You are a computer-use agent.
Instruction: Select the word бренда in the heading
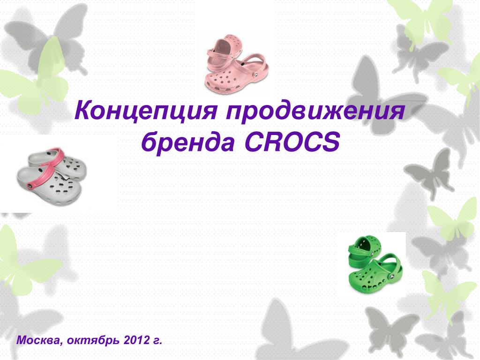point(187,142)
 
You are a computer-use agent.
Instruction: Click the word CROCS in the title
point(291,142)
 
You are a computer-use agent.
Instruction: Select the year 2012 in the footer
point(136,339)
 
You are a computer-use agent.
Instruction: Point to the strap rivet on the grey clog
point(31,186)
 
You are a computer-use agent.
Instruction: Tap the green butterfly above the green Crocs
point(450,220)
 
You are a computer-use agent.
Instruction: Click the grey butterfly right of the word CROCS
point(427,171)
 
